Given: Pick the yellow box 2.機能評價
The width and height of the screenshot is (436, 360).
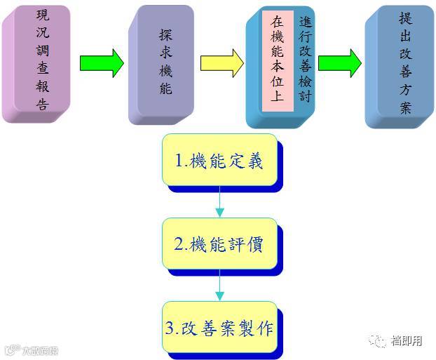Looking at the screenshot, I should [x=219, y=244].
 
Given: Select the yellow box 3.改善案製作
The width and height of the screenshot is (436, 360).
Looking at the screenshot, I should [x=219, y=327].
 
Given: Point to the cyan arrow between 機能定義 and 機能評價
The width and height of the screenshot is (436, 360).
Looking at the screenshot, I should [x=219, y=203].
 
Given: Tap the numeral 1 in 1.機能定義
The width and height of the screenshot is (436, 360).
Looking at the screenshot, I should [x=179, y=161].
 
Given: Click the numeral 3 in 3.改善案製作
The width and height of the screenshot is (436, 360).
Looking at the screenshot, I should [x=170, y=328].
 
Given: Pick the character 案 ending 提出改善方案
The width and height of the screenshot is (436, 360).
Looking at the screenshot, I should [x=405, y=108].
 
